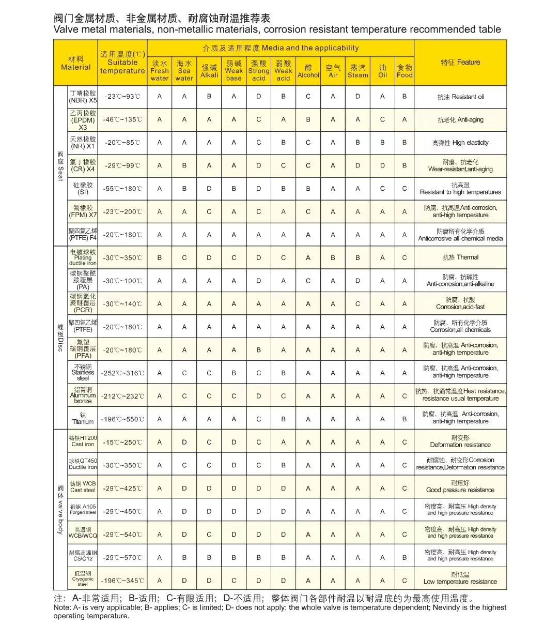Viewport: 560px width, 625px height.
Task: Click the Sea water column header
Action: pos(184,71)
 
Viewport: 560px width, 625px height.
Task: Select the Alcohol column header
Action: pos(308,71)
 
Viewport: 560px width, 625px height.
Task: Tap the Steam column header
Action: pos(357,71)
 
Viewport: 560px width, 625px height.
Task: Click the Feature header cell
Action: pos(460,63)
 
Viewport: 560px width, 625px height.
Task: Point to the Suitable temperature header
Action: pos(122,63)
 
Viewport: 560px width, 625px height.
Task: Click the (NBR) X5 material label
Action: pos(83,97)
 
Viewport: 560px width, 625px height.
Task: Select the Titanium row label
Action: pos(83,419)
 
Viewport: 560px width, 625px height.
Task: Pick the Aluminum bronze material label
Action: pos(83,395)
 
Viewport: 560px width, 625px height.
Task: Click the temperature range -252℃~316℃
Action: pos(122,373)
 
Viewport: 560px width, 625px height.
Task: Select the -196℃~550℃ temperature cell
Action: pos(122,419)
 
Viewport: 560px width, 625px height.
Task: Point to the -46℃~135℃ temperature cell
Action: pos(122,120)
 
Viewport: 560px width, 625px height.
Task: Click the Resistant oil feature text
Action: pos(460,97)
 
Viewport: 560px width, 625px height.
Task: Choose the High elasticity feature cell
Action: pos(460,143)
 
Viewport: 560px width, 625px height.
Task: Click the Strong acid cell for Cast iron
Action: pos(258,443)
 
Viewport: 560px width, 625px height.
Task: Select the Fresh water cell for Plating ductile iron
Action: pos(159,257)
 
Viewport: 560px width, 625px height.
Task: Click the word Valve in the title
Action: pos(67,29)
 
